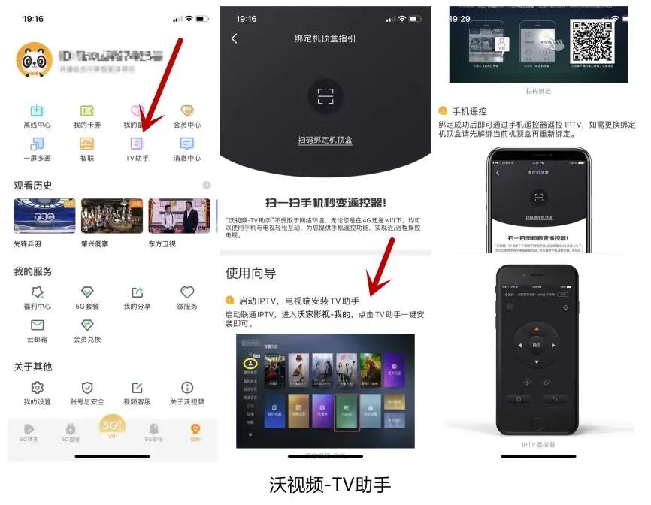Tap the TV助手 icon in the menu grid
coord(137,143)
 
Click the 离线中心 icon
coord(37,111)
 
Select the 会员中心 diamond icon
coord(187,111)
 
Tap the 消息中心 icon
coord(187,143)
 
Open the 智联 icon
coord(87,143)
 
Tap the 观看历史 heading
coord(33,185)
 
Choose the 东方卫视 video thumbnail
coord(179,216)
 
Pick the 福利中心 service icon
coord(37,292)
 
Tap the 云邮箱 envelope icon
coord(37,325)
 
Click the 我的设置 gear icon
coord(37,388)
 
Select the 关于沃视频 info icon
coord(187,388)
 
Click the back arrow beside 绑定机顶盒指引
coord(234,38)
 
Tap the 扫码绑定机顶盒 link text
coord(325,140)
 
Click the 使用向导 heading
coord(250,272)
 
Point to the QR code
coord(592,41)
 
